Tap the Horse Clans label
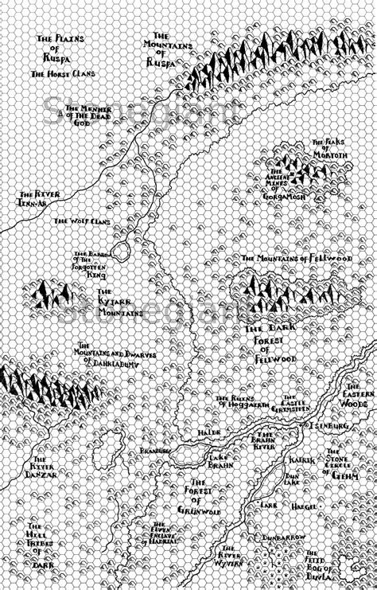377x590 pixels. point(63,73)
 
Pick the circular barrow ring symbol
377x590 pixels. point(120,252)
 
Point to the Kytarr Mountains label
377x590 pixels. point(121,304)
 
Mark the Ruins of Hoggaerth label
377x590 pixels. point(236,400)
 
